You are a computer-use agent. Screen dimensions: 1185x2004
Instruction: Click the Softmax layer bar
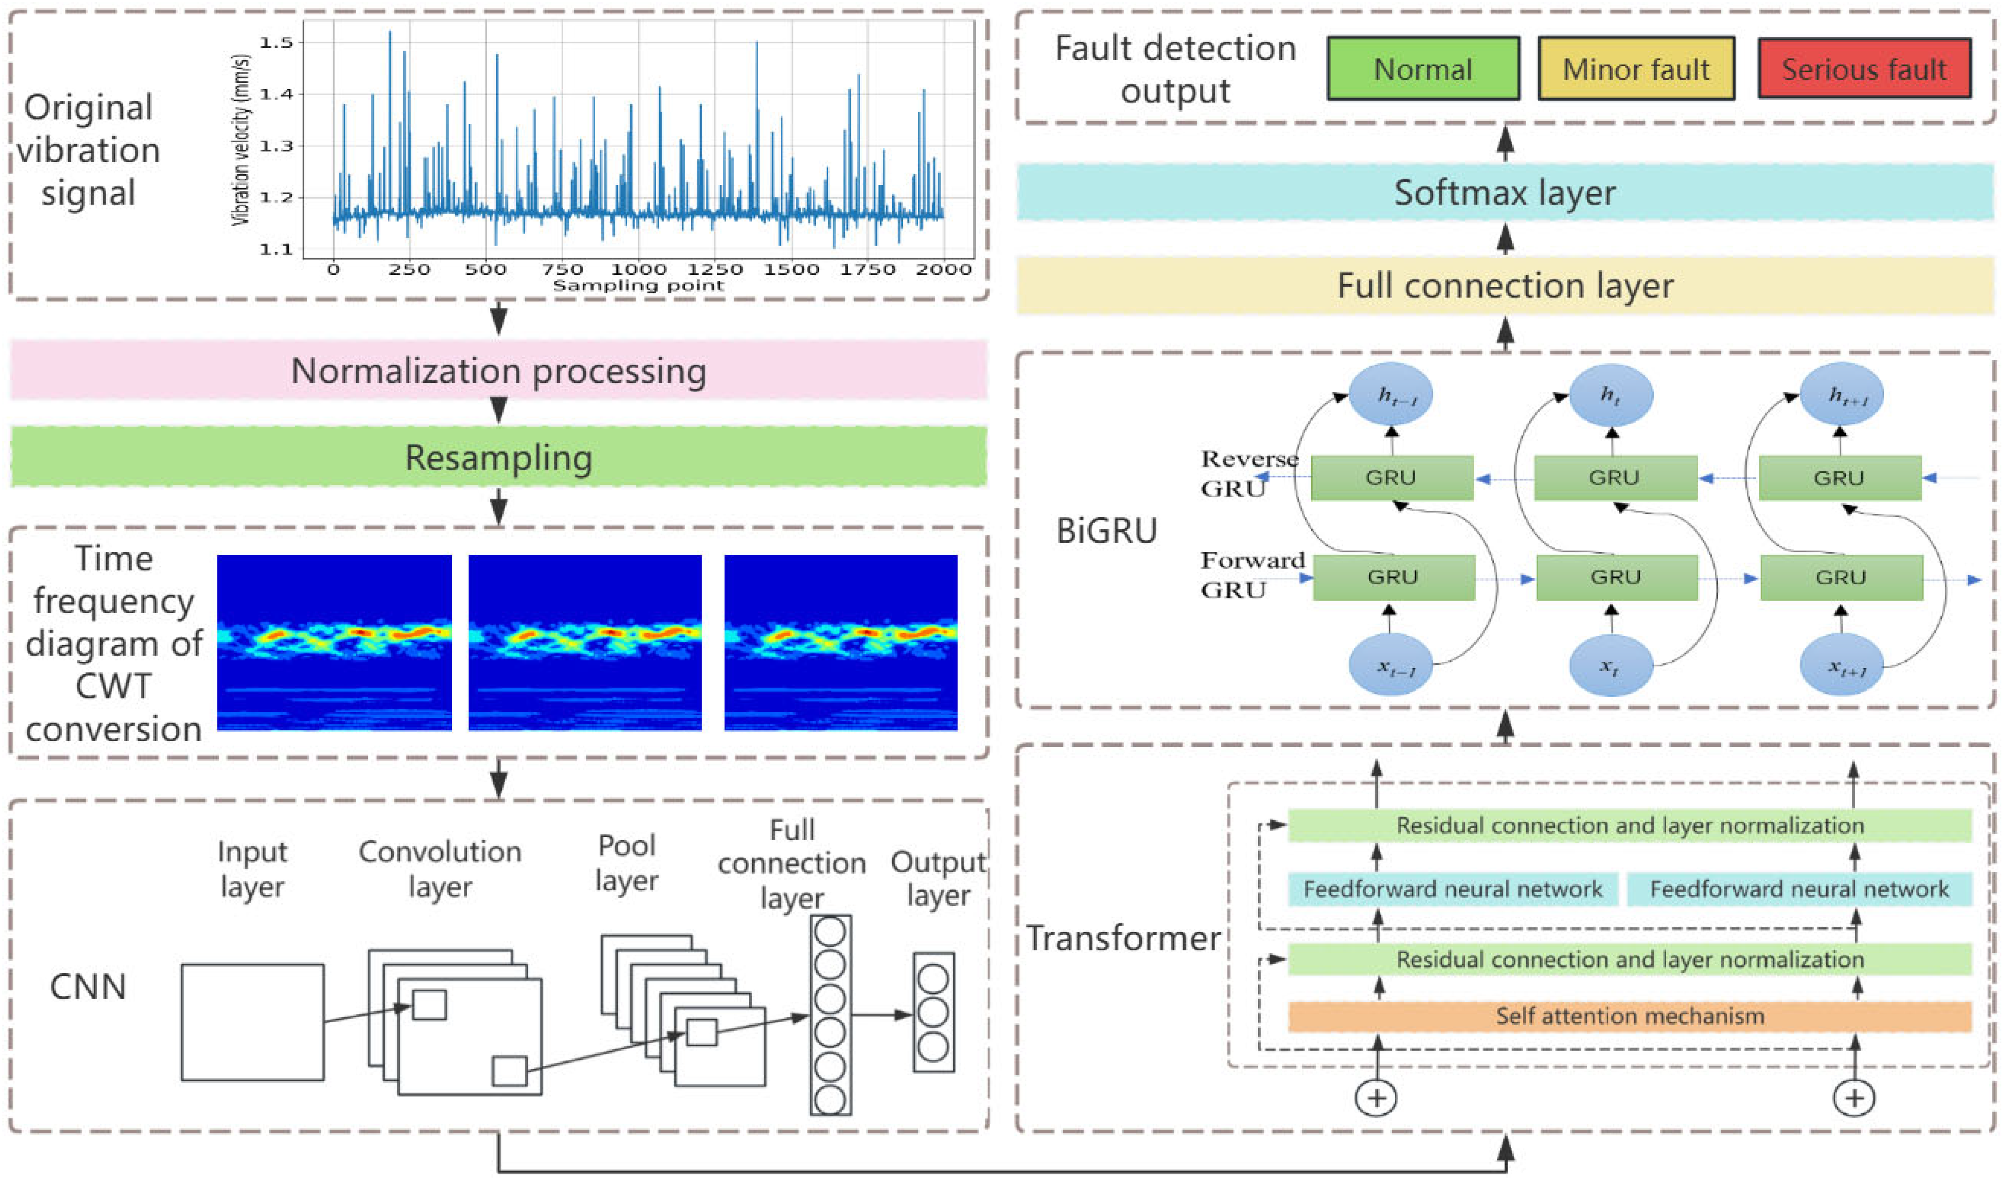(x=1504, y=192)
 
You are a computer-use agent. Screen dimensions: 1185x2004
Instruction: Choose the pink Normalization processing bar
(x=498, y=370)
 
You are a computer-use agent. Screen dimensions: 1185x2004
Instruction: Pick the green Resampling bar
(x=498, y=457)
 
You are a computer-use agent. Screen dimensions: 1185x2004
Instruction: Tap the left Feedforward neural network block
(x=1452, y=889)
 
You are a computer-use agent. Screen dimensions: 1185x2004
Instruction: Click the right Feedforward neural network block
(x=1799, y=889)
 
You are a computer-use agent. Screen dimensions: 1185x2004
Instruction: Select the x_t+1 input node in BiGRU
(x=1841, y=665)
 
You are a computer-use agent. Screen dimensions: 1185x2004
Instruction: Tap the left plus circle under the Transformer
(x=1376, y=1098)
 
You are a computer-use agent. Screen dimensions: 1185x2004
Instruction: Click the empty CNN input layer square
(x=252, y=1022)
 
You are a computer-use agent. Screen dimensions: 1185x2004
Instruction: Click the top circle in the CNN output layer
(x=932, y=979)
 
